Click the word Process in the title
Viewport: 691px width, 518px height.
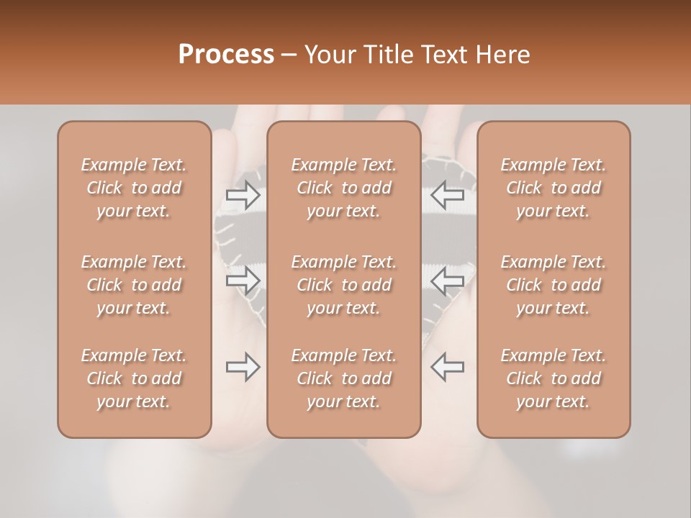point(226,54)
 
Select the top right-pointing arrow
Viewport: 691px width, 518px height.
point(243,194)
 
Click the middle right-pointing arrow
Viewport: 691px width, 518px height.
point(243,281)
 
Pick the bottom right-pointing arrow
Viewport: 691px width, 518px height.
point(243,367)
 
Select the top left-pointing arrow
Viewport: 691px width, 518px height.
point(447,194)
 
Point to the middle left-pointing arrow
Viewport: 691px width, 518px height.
point(447,281)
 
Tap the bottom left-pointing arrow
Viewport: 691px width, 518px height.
point(447,367)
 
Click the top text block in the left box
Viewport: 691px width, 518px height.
point(134,188)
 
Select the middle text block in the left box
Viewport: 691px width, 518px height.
point(134,285)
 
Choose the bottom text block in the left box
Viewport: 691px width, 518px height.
point(134,378)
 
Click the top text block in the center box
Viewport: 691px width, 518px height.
point(344,188)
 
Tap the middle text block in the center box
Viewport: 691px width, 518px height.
point(344,285)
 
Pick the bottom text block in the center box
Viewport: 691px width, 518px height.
point(344,378)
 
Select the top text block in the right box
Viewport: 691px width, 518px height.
point(554,188)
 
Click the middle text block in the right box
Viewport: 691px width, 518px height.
point(554,285)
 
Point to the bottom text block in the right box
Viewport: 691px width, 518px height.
point(554,378)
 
